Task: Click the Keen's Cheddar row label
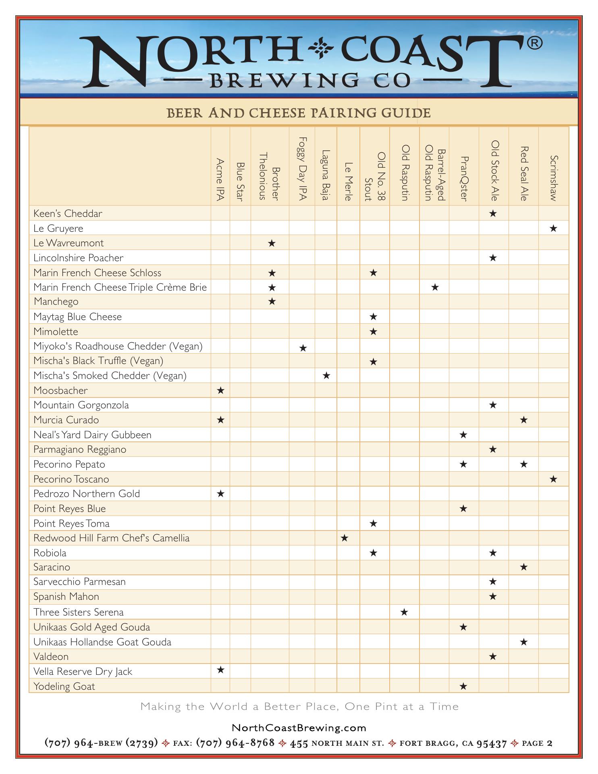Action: pyautogui.click(x=68, y=214)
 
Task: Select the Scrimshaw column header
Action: pyautogui.click(x=554, y=178)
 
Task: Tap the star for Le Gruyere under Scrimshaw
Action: pyautogui.click(x=553, y=229)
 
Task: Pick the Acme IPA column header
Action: pyautogui.click(x=220, y=179)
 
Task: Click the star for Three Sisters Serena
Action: pyautogui.click(x=404, y=612)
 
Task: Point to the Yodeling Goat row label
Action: pyautogui.click(x=64, y=687)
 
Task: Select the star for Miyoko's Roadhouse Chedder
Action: pyautogui.click(x=303, y=347)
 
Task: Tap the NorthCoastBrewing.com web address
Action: pyautogui.click(x=299, y=728)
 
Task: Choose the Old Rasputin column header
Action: pyautogui.click(x=405, y=173)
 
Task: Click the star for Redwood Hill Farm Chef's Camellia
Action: pyautogui.click(x=345, y=538)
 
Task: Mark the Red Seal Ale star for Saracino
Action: pyautogui.click(x=523, y=567)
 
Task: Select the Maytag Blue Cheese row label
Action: pyautogui.click(x=77, y=317)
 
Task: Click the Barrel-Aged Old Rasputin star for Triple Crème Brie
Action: pyautogui.click(x=434, y=287)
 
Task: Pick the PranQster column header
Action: pyautogui.click(x=464, y=179)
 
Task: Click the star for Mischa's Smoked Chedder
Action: pyautogui.click(x=326, y=376)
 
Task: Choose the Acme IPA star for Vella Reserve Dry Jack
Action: pyautogui.click(x=220, y=670)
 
